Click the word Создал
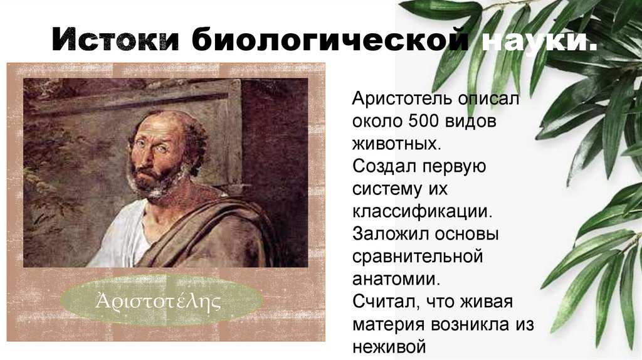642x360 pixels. (379, 166)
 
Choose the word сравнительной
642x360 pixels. (417, 257)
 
